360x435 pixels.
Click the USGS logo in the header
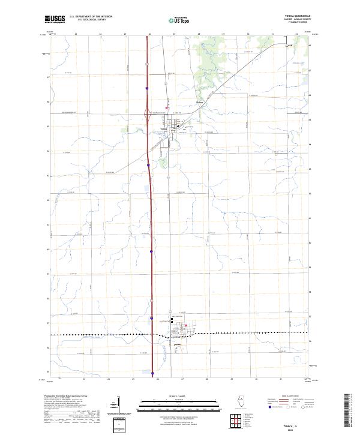(55, 19)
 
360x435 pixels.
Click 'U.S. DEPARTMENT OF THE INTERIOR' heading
(91, 16)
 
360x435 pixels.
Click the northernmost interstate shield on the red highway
(147, 88)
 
